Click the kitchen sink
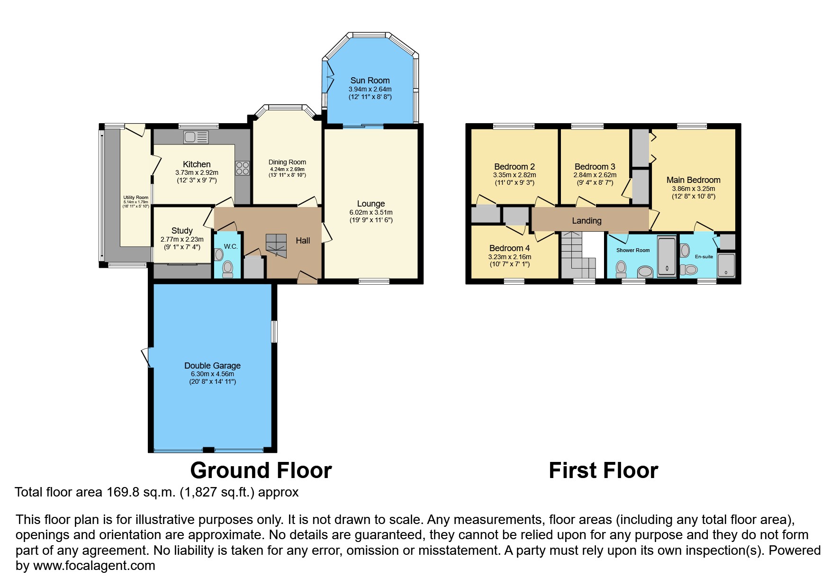[x=196, y=137]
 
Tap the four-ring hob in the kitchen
[x=242, y=168]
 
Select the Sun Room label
[x=370, y=81]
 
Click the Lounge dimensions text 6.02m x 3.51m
[x=371, y=212]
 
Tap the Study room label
[x=182, y=231]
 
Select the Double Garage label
[x=212, y=366]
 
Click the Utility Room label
[x=136, y=198]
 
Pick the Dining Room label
[x=287, y=162]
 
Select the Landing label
[x=586, y=221]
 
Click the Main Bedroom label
[x=694, y=180]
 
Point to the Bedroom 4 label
[x=509, y=248]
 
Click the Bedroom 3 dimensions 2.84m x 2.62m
[x=595, y=175]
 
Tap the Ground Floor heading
[x=261, y=470]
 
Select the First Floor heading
[x=603, y=470]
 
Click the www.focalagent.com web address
[x=94, y=566]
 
